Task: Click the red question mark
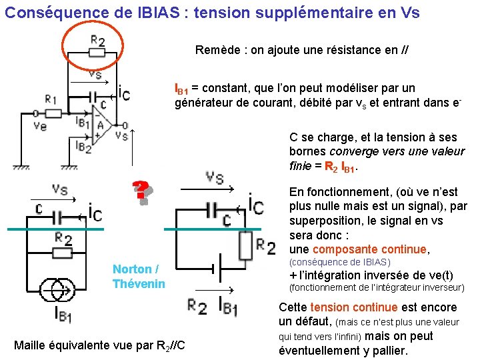141,192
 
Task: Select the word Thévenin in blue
138,283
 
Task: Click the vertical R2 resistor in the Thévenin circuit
246,246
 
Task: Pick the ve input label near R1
39,126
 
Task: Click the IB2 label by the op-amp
83,146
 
